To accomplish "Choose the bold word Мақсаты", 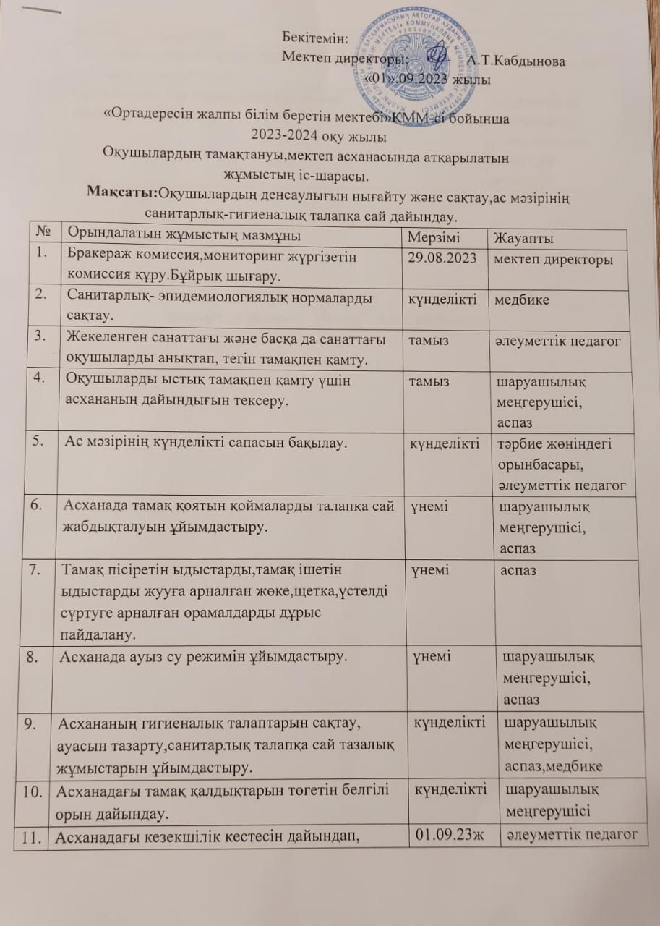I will coord(121,191).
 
